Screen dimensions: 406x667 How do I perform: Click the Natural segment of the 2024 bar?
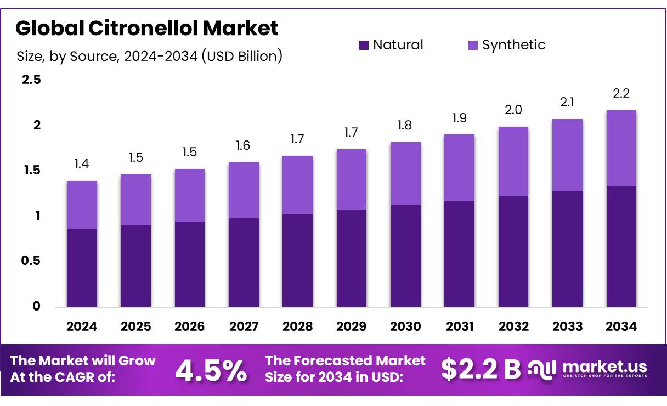(x=82, y=268)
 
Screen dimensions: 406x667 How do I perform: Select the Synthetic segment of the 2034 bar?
(x=621, y=148)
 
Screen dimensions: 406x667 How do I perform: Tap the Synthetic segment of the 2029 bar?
(x=352, y=179)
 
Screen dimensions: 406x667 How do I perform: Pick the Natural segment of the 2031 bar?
(x=460, y=253)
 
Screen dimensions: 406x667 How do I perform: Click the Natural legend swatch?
(x=364, y=45)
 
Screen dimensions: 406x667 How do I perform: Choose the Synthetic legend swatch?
(x=473, y=45)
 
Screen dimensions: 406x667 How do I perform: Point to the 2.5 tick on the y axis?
(x=31, y=80)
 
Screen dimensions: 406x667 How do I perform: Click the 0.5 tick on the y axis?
(x=31, y=261)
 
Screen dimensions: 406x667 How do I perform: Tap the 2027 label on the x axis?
(x=244, y=326)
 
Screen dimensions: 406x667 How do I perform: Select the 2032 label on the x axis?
(x=513, y=326)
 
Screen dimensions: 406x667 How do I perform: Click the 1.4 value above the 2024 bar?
(x=82, y=163)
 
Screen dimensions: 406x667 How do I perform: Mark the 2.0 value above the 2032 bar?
(x=513, y=110)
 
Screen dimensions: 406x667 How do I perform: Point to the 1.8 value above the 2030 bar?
(x=405, y=125)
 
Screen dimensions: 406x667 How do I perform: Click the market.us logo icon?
(x=542, y=368)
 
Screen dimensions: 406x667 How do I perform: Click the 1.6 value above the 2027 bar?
(x=244, y=145)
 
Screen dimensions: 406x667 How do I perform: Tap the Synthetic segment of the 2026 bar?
(x=190, y=195)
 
